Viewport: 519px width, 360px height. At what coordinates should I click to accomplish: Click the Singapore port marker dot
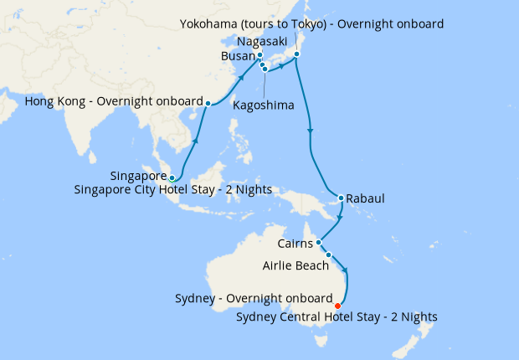(172, 177)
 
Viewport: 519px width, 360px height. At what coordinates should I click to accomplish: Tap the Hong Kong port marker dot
(208, 103)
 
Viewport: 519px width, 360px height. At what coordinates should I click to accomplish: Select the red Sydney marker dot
(337, 306)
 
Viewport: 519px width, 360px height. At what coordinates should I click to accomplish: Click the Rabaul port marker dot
(341, 198)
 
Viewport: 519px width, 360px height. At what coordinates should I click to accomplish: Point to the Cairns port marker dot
(319, 243)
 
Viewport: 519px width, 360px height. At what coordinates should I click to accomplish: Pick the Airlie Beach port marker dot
(329, 255)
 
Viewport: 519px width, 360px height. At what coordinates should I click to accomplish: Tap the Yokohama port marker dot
(296, 56)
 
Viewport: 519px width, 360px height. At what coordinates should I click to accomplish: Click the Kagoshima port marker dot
(265, 69)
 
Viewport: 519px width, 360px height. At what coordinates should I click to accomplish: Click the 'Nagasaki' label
(263, 40)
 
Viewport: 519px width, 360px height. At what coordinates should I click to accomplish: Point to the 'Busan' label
(237, 56)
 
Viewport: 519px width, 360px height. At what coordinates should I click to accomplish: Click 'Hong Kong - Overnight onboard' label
(115, 102)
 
